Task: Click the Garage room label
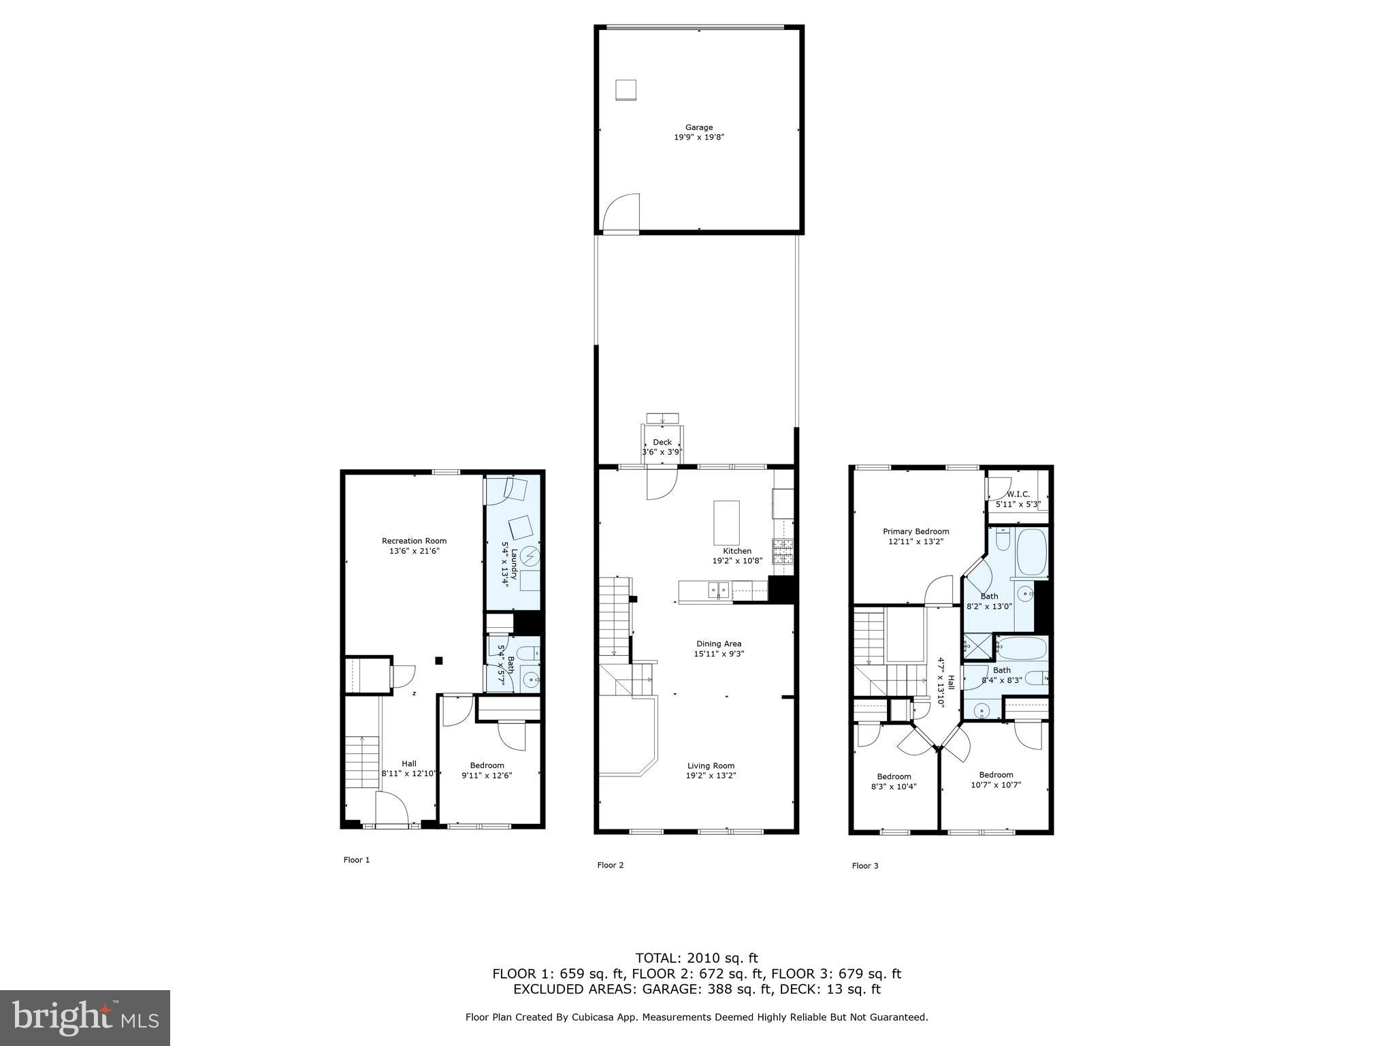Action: pos(698,127)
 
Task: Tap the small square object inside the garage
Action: pos(626,90)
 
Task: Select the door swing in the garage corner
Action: pos(621,212)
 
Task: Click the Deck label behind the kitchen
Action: pos(662,442)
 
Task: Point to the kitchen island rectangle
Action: pos(726,520)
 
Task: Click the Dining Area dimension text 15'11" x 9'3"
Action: pos(718,654)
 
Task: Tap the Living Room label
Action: pos(711,765)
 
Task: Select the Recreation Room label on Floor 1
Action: pos(414,541)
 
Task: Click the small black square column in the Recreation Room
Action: pos(439,660)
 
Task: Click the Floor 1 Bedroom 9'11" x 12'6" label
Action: pos(487,770)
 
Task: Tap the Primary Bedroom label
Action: pos(915,531)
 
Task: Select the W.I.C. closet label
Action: pos(1018,494)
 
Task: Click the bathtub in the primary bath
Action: pos(1031,552)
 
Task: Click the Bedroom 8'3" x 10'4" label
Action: pos(894,781)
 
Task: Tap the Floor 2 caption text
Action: pos(610,865)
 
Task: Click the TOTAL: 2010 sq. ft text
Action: pos(696,958)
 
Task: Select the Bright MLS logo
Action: pos(85,1017)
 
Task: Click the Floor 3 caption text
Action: pos(864,866)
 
